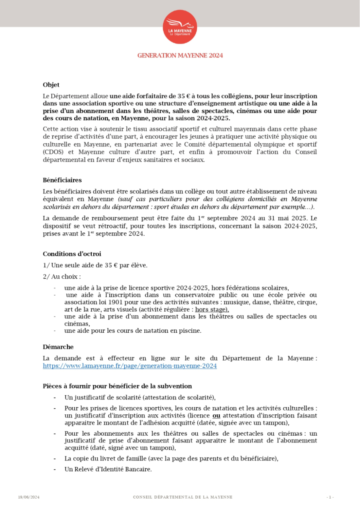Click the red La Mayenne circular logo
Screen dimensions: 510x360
180,27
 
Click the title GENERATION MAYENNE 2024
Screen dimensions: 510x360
180,55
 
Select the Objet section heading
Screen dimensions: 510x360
51,85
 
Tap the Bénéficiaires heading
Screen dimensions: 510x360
62,180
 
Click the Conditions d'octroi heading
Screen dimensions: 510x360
72,254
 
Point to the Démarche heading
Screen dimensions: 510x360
58,347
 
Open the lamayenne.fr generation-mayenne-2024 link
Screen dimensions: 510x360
130,366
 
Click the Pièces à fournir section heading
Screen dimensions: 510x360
117,386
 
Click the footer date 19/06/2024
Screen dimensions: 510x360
29,497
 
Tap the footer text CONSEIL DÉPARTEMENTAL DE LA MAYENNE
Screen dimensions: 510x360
183,497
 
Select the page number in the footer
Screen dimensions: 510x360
330,497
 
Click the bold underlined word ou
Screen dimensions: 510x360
216,416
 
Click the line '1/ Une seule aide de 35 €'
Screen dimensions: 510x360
95,265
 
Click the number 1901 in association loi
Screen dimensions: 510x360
115,302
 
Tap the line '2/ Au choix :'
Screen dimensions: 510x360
62,276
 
